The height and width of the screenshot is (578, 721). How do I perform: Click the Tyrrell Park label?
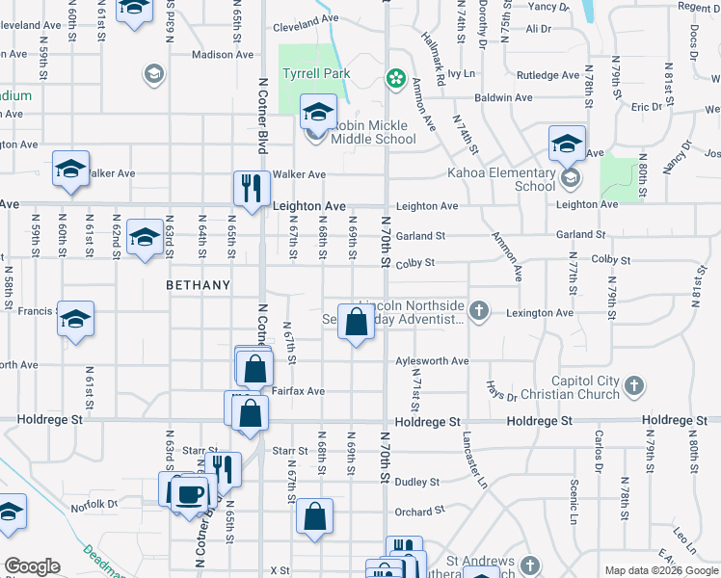point(315,73)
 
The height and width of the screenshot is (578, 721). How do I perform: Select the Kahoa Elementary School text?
point(501,179)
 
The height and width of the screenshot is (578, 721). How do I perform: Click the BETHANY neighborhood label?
point(199,285)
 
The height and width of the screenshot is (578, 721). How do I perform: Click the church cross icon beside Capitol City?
point(633,385)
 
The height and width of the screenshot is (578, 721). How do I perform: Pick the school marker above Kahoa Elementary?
point(567,144)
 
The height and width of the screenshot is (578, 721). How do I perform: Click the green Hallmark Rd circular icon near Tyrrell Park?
point(394,77)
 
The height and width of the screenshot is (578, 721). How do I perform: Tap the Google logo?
point(32,566)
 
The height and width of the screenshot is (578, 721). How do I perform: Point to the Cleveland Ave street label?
point(306,17)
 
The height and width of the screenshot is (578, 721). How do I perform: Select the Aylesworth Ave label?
point(432,360)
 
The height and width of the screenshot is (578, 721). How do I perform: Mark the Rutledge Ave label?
point(547,75)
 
